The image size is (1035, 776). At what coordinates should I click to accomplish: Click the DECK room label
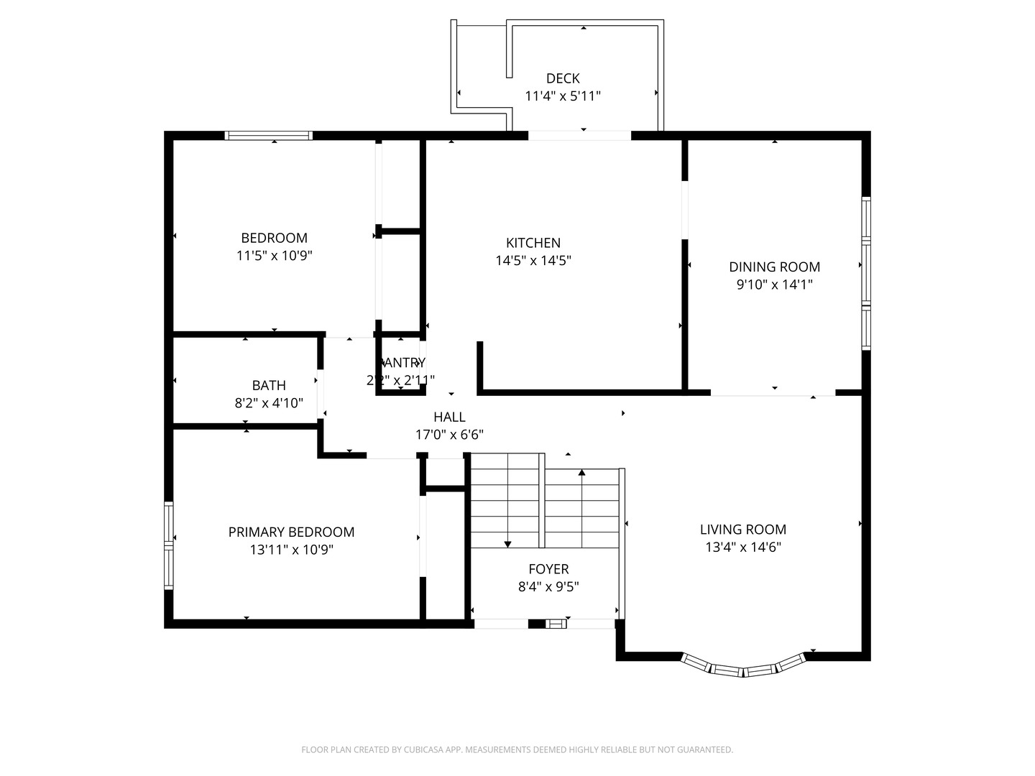(563, 78)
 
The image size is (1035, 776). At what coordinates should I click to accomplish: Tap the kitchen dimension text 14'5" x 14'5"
(533, 261)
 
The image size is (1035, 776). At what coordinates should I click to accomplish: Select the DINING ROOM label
(774, 267)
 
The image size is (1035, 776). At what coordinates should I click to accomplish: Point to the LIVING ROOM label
(743, 530)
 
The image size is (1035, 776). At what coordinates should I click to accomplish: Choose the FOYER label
(548, 569)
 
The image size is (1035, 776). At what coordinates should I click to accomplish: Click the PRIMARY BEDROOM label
(291, 532)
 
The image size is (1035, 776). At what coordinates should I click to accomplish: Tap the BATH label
(269, 386)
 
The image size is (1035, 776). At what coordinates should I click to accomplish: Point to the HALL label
(449, 417)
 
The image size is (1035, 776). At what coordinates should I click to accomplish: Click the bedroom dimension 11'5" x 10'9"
(275, 256)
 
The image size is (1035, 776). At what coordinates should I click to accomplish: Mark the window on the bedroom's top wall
(268, 135)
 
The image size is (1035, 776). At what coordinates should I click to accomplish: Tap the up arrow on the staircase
(581, 473)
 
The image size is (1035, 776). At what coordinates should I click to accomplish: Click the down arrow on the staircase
(507, 544)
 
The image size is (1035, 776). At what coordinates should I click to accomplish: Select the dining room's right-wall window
(866, 273)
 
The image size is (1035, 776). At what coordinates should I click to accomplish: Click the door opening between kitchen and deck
(580, 135)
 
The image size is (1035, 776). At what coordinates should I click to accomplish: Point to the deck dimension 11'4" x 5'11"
(563, 96)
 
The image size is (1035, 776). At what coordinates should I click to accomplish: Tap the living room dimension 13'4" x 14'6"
(743, 548)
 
